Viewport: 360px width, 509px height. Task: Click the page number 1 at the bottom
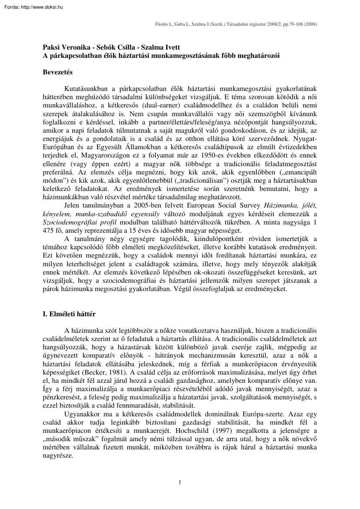180,481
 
